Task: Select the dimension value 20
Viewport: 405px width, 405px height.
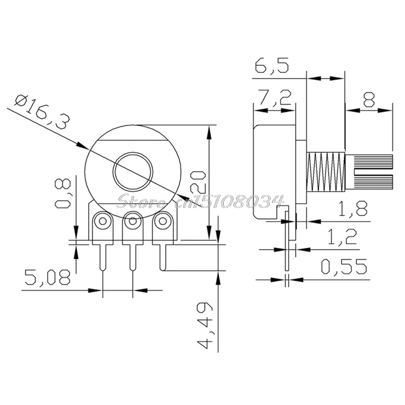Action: pos(198,181)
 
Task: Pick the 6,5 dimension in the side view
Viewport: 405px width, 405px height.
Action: pos(274,66)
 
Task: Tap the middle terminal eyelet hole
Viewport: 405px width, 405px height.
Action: pos(133,221)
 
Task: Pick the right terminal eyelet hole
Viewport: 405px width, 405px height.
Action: pos(163,221)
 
